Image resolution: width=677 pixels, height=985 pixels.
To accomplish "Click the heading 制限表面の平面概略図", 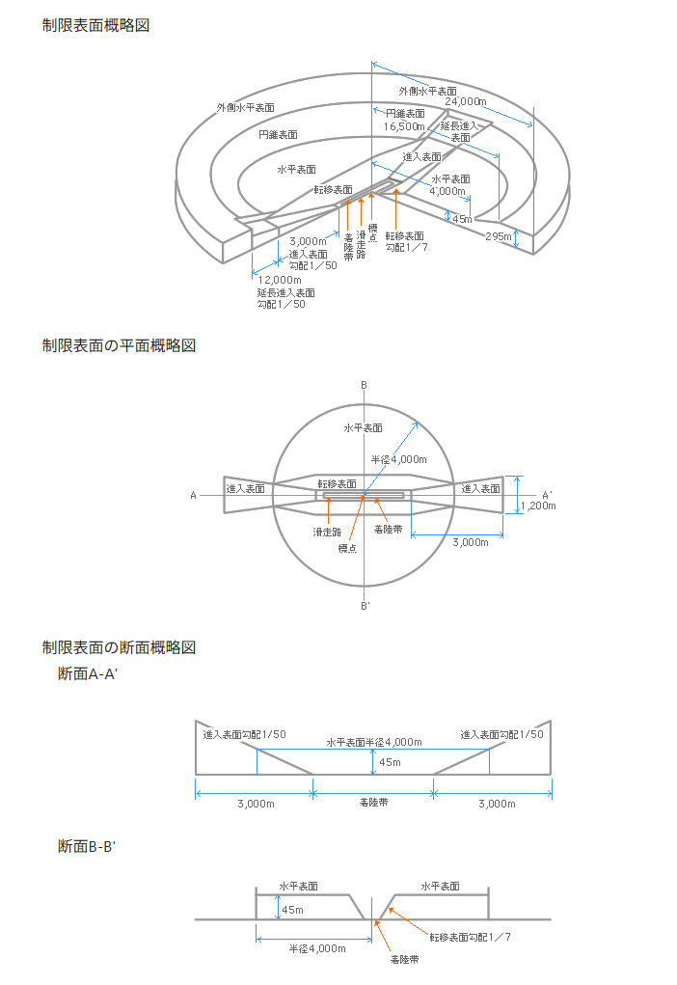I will point(119,345).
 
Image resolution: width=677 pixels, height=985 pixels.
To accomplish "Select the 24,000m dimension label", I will point(466,101).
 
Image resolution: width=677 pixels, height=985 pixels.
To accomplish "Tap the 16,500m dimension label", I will point(404,126).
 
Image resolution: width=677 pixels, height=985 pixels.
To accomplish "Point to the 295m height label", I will point(498,236).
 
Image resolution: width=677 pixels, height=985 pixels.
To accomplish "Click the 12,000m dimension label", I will point(280,280).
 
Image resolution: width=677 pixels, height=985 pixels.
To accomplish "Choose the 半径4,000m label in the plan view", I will point(398,459).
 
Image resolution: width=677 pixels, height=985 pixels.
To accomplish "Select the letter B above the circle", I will point(364,385).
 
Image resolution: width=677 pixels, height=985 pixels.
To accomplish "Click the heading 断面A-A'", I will point(88,674).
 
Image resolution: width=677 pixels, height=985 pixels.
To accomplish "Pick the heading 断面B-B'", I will point(88,846).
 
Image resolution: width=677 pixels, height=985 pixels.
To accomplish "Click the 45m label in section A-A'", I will point(390,762).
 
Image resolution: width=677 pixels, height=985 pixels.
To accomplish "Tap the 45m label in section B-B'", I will point(292,910).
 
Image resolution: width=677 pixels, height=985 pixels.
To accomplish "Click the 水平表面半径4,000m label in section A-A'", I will point(374,742).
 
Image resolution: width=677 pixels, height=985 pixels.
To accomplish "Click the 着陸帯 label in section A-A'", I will point(373,803).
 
